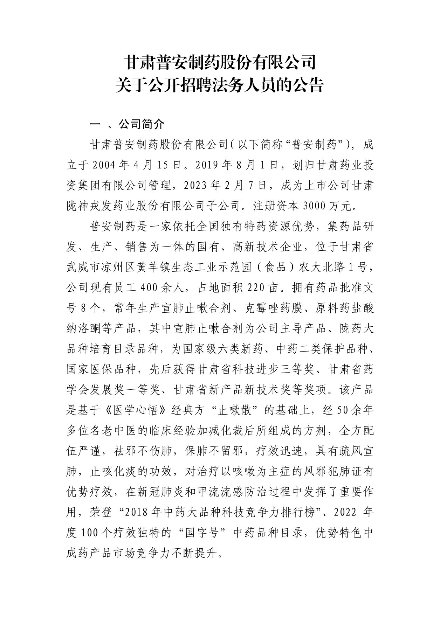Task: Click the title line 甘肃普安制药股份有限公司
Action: [220, 63]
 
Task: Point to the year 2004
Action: [104, 165]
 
